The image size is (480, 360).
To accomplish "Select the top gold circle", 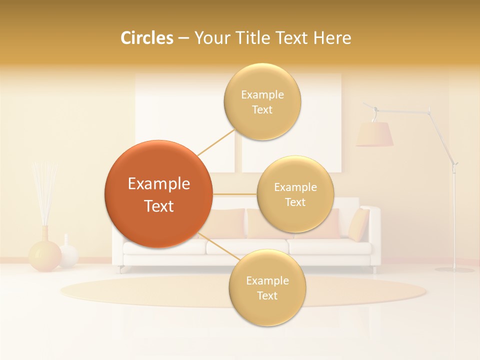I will [262, 101].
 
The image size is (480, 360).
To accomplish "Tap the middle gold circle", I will [295, 194].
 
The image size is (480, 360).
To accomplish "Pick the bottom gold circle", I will [267, 288].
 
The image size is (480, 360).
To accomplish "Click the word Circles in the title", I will [146, 38].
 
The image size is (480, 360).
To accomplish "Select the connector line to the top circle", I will [216, 142].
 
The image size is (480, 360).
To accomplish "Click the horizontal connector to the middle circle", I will [234, 194].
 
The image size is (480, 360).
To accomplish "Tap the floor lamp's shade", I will [374, 134].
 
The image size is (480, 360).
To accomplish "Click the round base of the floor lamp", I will [454, 270].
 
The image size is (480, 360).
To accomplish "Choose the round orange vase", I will [44, 255].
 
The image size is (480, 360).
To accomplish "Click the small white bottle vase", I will [68, 252].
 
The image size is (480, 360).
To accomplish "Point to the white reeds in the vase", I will [44, 190].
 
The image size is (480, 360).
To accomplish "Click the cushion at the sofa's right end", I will [358, 224].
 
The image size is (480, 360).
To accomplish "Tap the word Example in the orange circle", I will [158, 184].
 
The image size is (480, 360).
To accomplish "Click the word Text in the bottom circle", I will [267, 295].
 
